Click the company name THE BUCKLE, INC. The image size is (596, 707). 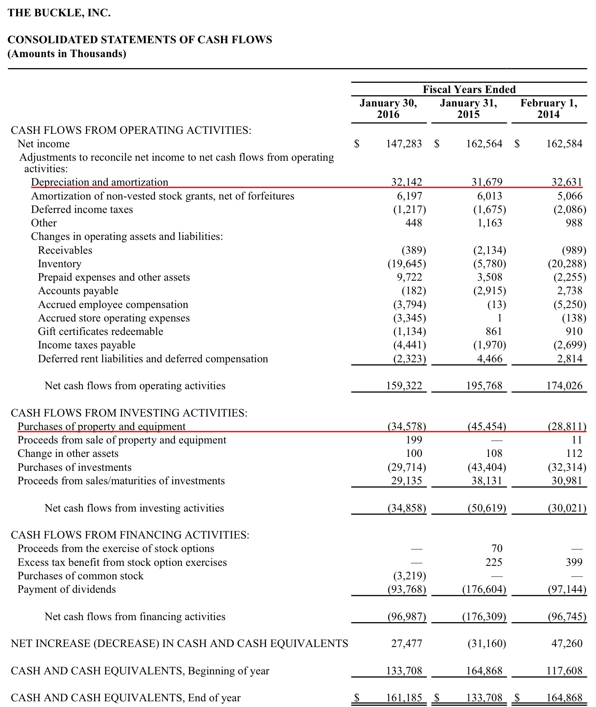coord(59,13)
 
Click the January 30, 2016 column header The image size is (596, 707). coord(388,109)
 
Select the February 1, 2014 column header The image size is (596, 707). coord(548,109)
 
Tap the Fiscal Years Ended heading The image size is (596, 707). coord(469,89)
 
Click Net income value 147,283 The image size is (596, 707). coord(404,144)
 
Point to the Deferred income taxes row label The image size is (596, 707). coord(82,209)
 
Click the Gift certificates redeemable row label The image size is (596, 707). coord(100,331)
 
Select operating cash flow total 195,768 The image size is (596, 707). coord(484,386)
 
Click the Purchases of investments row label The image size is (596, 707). coord(75,467)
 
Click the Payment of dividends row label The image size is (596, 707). coord(66,589)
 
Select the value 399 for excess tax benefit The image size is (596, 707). coord(574,562)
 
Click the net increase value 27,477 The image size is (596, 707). coord(407,643)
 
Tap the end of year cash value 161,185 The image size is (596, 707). coord(404,698)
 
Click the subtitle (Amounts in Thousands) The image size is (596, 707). coord(67,53)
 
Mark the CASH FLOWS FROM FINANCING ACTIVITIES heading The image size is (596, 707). coord(130,535)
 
